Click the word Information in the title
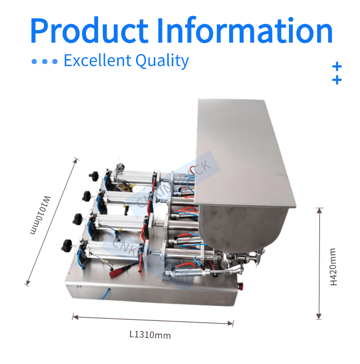[245, 31]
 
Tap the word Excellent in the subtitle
[97, 61]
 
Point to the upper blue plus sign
[337, 66]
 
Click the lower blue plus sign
[337, 80]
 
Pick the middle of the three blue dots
[44, 62]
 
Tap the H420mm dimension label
[334, 266]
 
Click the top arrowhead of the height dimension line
[319, 209]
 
